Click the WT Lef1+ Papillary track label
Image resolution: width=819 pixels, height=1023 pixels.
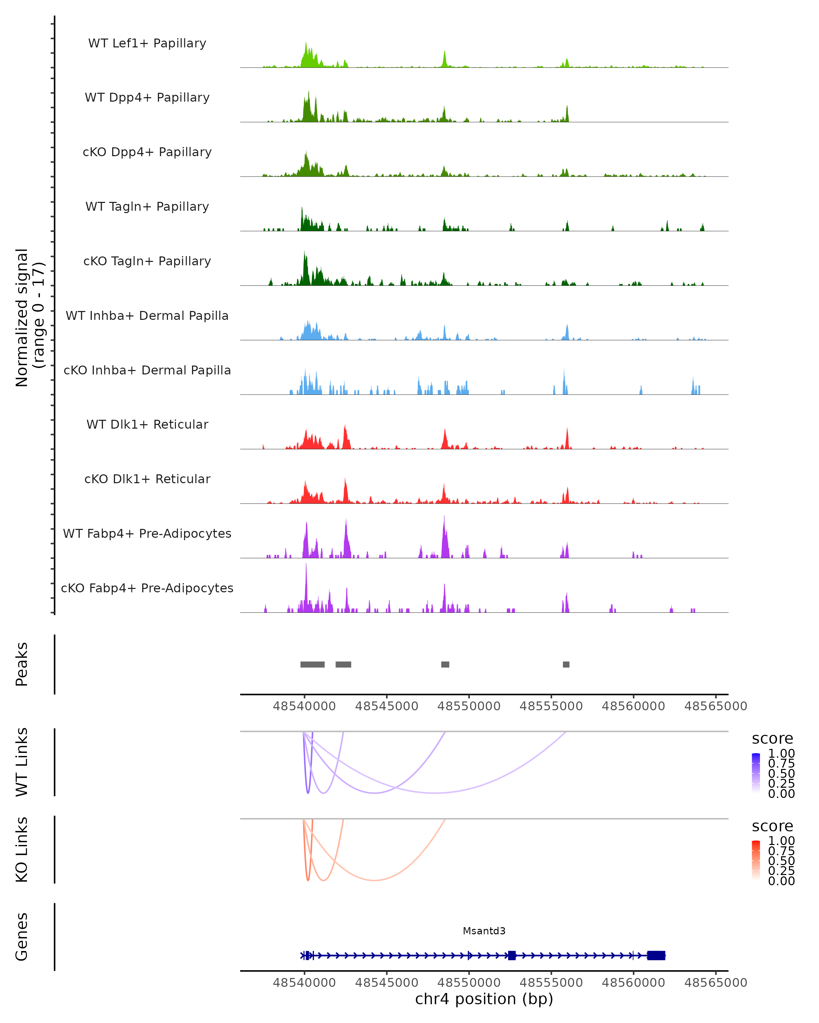pos(147,43)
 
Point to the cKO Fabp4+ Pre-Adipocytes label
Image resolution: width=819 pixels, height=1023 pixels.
pos(147,588)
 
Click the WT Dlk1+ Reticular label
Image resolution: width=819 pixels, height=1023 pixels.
pos(147,424)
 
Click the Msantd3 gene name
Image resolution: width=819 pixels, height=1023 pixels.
pos(484,931)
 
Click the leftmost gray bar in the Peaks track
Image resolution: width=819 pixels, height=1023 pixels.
pos(312,664)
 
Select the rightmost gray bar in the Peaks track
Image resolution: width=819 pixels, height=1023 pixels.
pos(566,664)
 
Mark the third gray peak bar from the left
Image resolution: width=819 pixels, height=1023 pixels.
pos(445,664)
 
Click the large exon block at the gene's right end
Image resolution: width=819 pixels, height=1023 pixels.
pos(656,955)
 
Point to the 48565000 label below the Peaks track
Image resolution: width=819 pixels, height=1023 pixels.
pos(716,706)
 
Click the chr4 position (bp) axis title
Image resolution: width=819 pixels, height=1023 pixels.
pos(484,999)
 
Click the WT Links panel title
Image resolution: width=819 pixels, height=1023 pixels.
pos(22,762)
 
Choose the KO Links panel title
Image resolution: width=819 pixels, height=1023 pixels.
pos(22,849)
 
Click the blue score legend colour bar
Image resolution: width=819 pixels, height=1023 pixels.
pos(756,772)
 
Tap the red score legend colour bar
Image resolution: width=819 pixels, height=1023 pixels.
pos(756,860)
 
